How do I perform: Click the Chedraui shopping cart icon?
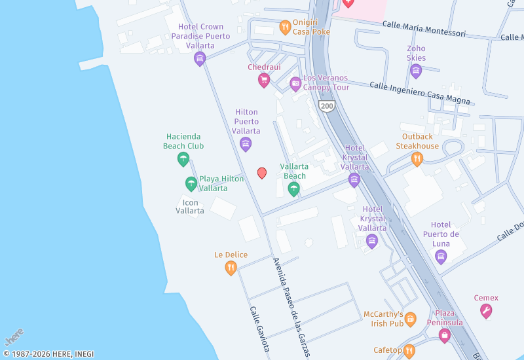coord(264,81)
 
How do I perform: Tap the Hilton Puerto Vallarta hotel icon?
coord(246,144)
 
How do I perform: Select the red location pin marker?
coord(262,173)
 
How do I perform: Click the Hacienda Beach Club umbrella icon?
coord(183,159)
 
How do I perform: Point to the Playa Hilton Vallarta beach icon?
coord(191,183)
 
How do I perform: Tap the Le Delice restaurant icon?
coord(231,268)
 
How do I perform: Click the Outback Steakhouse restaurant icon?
coord(417,159)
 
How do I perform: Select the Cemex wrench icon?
coord(486,312)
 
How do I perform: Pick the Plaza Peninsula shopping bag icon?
coord(445,336)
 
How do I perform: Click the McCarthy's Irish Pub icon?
coord(411,319)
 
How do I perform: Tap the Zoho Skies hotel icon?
coord(416,71)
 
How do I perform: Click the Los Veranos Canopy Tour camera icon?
coord(295,83)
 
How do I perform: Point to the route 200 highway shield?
coord(327,105)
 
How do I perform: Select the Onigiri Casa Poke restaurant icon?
coord(285,27)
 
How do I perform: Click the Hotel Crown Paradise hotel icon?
coord(200,59)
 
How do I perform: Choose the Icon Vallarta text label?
coord(191,207)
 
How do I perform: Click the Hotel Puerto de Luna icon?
coord(441,256)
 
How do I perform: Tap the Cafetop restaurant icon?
coord(409,351)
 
